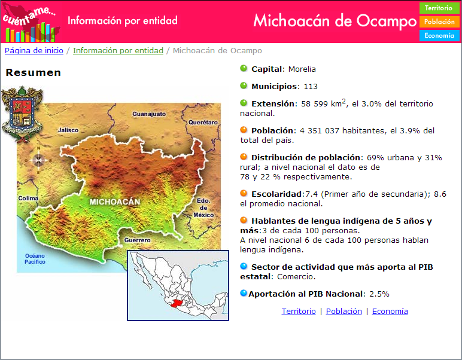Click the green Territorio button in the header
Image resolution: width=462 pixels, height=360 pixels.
click(439, 8)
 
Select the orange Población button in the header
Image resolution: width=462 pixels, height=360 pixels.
click(439, 22)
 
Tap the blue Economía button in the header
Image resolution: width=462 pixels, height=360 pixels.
click(439, 36)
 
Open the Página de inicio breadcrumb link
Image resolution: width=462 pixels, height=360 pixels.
click(34, 51)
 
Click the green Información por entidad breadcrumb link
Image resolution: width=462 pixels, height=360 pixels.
click(118, 51)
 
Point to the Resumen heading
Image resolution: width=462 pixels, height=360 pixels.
click(34, 72)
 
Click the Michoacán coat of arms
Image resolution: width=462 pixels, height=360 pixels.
click(22, 114)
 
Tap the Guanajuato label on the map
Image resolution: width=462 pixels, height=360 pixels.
click(149, 114)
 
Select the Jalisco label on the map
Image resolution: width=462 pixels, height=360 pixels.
click(68, 130)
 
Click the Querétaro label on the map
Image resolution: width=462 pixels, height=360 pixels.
click(203, 122)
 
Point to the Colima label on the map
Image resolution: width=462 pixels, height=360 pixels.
click(28, 198)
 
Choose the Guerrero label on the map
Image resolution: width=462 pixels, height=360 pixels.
click(137, 240)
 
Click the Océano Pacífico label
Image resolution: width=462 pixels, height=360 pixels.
click(35, 259)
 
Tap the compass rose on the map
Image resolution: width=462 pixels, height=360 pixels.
click(38, 160)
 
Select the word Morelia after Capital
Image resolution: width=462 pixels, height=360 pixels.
click(302, 69)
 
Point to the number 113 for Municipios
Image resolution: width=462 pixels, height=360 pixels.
click(311, 87)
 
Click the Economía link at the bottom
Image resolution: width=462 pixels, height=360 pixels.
click(390, 312)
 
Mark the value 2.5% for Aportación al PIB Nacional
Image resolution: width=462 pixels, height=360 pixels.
click(379, 294)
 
